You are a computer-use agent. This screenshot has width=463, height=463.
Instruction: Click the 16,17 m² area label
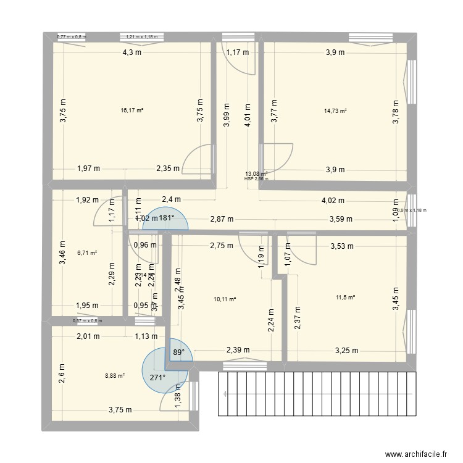[132, 111]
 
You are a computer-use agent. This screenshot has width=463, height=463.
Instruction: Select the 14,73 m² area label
[335, 111]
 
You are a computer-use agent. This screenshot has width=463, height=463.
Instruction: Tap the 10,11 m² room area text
[225, 299]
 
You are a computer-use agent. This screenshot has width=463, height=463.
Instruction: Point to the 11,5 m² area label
[344, 298]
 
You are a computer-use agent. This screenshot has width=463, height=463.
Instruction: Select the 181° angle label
[165, 218]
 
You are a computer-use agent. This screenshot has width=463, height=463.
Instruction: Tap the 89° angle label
[178, 352]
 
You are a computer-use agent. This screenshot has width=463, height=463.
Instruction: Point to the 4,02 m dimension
[333, 201]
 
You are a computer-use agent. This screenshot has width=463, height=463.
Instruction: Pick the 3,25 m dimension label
[346, 351]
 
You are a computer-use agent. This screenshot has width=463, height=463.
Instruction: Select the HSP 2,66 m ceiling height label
[257, 178]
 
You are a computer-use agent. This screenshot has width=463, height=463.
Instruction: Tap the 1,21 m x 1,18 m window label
[142, 37]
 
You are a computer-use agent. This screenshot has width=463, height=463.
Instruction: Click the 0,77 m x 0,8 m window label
[72, 37]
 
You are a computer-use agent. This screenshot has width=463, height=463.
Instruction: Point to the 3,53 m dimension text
[341, 246]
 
